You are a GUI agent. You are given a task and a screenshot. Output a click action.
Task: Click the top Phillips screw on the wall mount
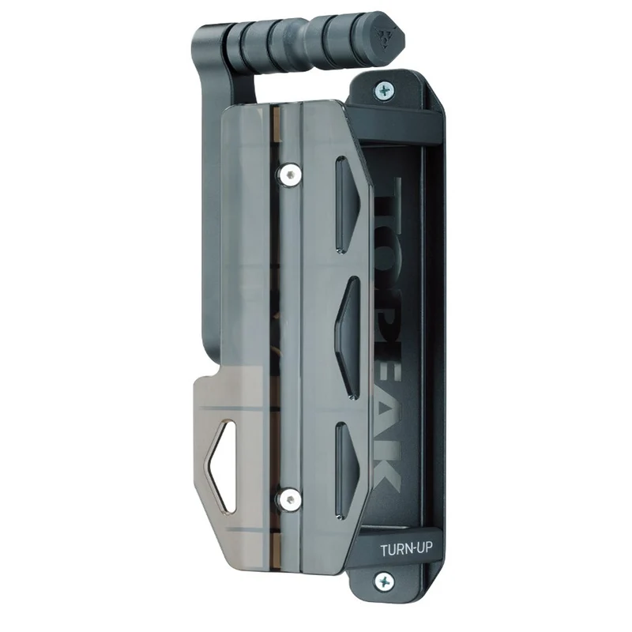point(384,90)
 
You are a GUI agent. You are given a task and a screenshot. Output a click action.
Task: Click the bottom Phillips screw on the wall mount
point(385,581)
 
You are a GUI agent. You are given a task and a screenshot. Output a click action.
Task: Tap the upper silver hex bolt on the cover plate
point(288,175)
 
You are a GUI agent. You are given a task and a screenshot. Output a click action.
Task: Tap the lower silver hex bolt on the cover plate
point(288,500)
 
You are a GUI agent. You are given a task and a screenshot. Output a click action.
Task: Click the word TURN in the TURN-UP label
point(395,550)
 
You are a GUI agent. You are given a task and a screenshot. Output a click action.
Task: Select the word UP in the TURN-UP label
point(424,548)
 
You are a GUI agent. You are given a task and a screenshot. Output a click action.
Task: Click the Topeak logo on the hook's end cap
point(383,36)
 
